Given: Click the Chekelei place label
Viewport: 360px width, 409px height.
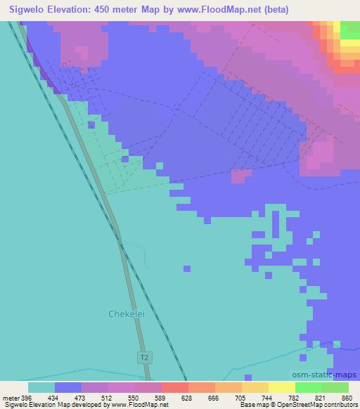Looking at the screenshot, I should tap(127, 314).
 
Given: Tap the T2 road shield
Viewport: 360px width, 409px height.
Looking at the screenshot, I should tap(143, 358).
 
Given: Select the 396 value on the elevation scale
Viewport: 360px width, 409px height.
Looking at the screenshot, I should tap(27, 398).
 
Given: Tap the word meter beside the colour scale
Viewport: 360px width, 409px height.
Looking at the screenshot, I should tap(11, 398).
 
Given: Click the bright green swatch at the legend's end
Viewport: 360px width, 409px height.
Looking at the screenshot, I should tap(335, 387).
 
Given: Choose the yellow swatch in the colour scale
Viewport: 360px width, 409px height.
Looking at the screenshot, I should tap(281, 387).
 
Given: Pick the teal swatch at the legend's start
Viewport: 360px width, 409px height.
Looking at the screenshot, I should tap(41, 387).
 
